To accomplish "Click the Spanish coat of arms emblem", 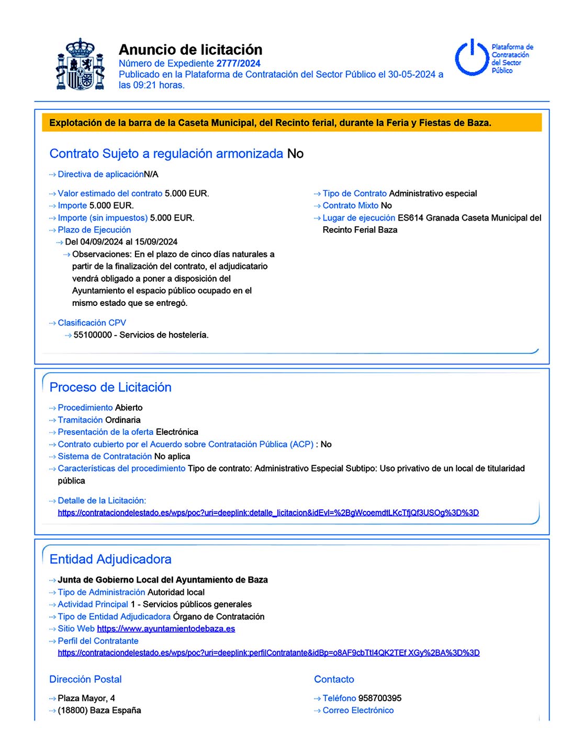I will pyautogui.click(x=80, y=64).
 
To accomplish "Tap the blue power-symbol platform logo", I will pyautogui.click(x=472, y=58).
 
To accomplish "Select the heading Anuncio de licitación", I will pyautogui.click(x=190, y=50).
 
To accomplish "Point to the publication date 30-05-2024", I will pyautogui.click(x=411, y=74).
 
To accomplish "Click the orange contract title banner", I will pyautogui.click(x=291, y=123).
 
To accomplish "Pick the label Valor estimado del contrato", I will pyautogui.click(x=110, y=193).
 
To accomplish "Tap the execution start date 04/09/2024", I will pyautogui.click(x=102, y=242).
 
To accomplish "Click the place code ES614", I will pyautogui.click(x=410, y=218).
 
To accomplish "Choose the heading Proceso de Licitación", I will pyautogui.click(x=110, y=387).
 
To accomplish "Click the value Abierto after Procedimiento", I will pyautogui.click(x=129, y=408).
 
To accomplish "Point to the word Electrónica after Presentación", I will pyautogui.click(x=177, y=432).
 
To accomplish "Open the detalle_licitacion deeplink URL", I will pyautogui.click(x=268, y=513).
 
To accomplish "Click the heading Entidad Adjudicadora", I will pyautogui.click(x=110, y=559).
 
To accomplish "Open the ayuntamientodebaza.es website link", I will pyautogui.click(x=166, y=629).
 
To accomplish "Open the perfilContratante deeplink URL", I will pyautogui.click(x=268, y=653).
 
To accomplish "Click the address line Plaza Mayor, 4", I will pyautogui.click(x=86, y=699).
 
